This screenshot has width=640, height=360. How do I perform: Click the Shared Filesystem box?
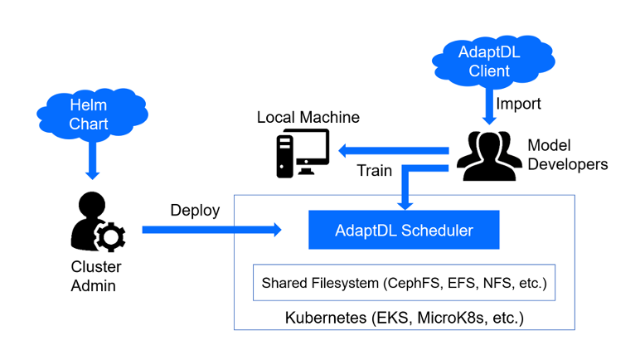[x=404, y=283]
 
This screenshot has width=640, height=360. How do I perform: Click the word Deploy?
[x=195, y=210]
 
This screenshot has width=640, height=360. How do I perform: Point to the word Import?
[x=518, y=105]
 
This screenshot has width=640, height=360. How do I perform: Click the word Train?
[x=374, y=171]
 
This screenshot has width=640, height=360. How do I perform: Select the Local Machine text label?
[x=308, y=117]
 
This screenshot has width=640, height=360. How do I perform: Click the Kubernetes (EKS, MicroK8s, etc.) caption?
[x=405, y=317]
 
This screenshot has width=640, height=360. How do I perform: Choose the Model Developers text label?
[x=567, y=154]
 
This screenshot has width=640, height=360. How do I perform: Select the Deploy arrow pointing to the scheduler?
[x=211, y=230]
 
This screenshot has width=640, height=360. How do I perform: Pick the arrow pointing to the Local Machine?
[x=390, y=151]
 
